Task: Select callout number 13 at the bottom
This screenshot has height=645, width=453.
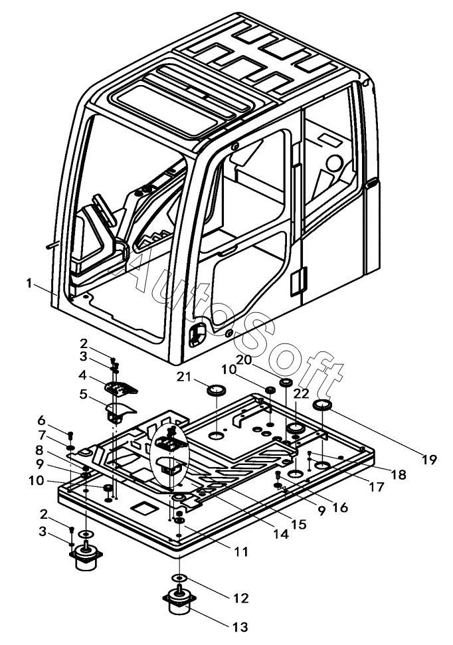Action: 241,626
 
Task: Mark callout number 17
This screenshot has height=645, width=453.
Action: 377,488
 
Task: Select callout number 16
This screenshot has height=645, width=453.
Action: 340,507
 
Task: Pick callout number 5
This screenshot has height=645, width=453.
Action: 83,394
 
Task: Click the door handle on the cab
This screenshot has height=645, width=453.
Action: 197,335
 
